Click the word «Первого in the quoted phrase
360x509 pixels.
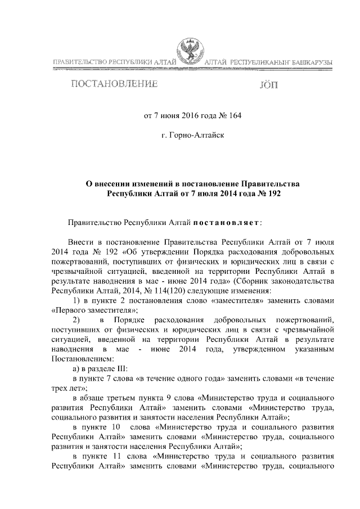click(69, 310)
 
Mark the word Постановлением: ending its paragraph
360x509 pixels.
click(82, 359)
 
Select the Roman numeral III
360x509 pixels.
click(121, 368)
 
